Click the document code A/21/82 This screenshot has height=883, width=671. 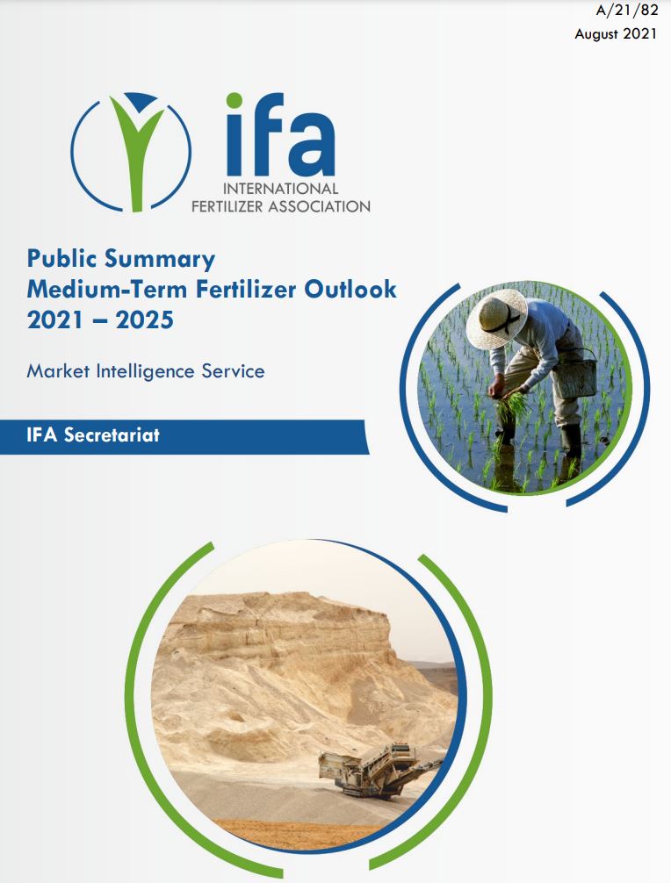[x=626, y=11]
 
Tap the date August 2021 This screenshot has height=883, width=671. [x=615, y=33]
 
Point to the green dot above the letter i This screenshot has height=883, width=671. [x=234, y=101]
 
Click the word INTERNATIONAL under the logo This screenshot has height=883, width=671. [x=280, y=188]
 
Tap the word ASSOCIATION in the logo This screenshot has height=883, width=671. [x=319, y=206]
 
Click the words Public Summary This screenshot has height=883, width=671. [x=121, y=260]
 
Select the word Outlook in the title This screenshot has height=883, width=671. [x=350, y=289]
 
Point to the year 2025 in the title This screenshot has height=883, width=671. [x=145, y=319]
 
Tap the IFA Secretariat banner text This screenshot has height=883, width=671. [x=93, y=435]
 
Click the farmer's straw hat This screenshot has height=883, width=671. [x=496, y=319]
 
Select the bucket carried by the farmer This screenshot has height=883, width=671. [x=575, y=375]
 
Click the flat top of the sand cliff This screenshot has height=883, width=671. [x=282, y=601]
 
